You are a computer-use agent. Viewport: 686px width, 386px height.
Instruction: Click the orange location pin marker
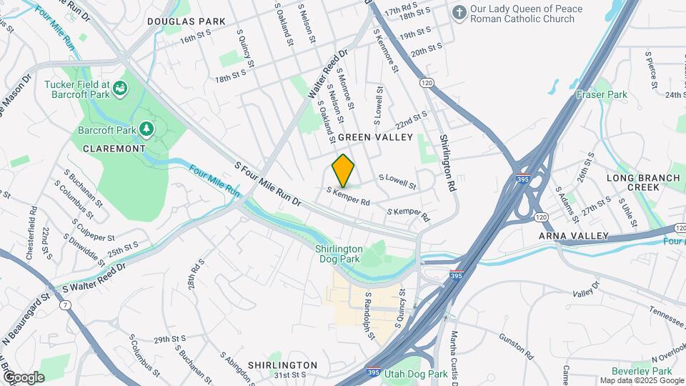click(x=343, y=170)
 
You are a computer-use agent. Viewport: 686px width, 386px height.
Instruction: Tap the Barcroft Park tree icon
click(x=146, y=129)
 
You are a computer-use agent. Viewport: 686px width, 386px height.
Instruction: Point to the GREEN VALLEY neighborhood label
click(x=375, y=137)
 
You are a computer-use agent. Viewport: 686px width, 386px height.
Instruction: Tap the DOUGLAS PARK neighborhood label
click(x=186, y=21)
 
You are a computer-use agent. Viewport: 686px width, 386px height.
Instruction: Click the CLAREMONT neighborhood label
click(x=114, y=149)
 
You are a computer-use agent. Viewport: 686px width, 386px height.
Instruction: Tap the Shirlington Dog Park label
click(x=339, y=254)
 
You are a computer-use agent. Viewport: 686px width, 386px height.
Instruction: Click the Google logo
click(x=24, y=377)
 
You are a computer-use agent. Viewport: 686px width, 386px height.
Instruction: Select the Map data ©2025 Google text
click(x=641, y=380)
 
